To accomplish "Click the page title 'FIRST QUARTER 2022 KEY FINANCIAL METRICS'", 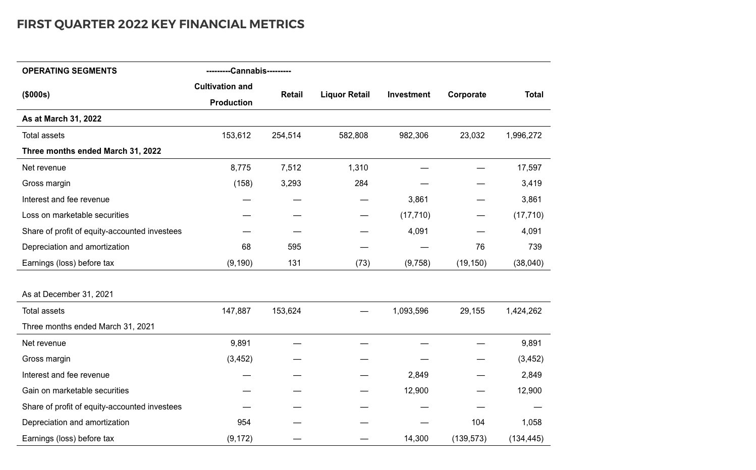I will click(x=160, y=24).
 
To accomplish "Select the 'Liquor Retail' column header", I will click(x=345, y=94).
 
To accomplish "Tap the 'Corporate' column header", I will click(x=467, y=94).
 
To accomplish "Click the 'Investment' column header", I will click(x=409, y=94).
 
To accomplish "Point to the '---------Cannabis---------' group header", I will click(x=248, y=71).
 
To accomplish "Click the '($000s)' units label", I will click(x=36, y=94).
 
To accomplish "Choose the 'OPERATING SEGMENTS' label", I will click(x=69, y=71).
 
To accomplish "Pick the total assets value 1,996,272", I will click(x=523, y=135).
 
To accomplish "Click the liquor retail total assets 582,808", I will click(x=353, y=135).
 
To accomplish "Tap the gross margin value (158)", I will click(x=243, y=183).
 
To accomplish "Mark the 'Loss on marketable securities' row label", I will click(x=75, y=215).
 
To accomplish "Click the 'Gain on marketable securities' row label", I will click(x=75, y=390).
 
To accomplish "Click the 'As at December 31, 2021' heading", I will click(x=68, y=294).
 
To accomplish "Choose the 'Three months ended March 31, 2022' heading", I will click(x=91, y=151).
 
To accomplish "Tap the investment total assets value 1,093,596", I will click(x=410, y=311).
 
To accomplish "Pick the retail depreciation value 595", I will click(x=294, y=247).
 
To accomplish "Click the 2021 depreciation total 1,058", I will click(x=531, y=422).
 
